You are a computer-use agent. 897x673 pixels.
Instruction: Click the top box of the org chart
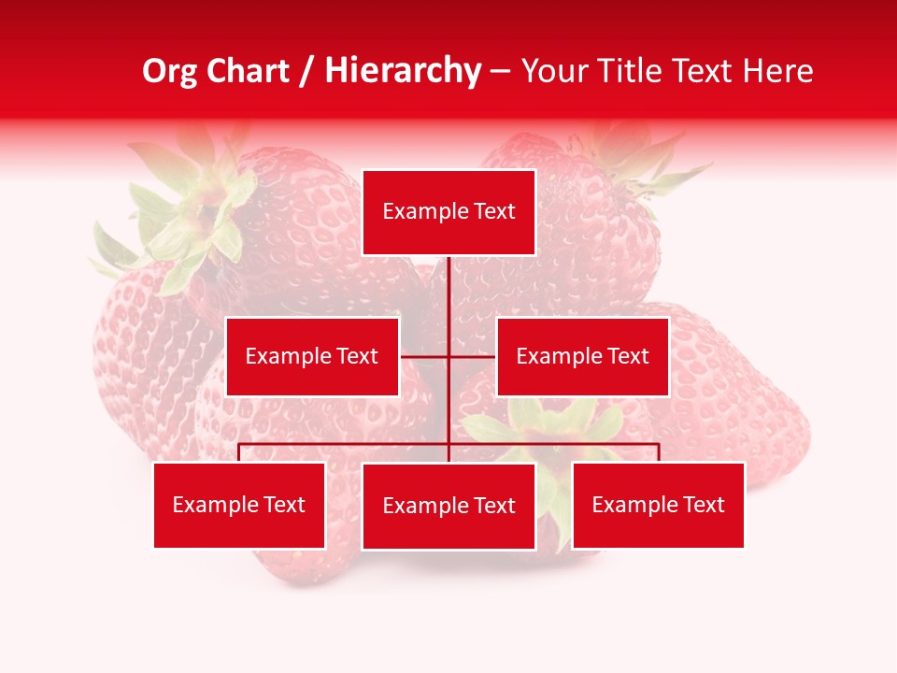448,212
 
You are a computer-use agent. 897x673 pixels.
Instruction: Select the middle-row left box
312,356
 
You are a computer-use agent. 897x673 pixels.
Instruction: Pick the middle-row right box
582,356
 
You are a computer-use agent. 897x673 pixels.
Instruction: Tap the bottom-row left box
239,505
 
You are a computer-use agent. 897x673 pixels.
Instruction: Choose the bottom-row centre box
448,506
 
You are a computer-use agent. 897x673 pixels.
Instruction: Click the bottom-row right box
658,505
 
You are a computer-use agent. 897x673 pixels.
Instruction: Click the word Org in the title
169,72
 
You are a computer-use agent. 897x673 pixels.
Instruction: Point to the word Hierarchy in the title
402,72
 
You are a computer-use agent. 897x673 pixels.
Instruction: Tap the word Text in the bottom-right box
703,505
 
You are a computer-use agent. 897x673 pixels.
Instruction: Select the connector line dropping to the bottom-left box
239,452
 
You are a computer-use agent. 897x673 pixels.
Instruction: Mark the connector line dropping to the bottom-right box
658,452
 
